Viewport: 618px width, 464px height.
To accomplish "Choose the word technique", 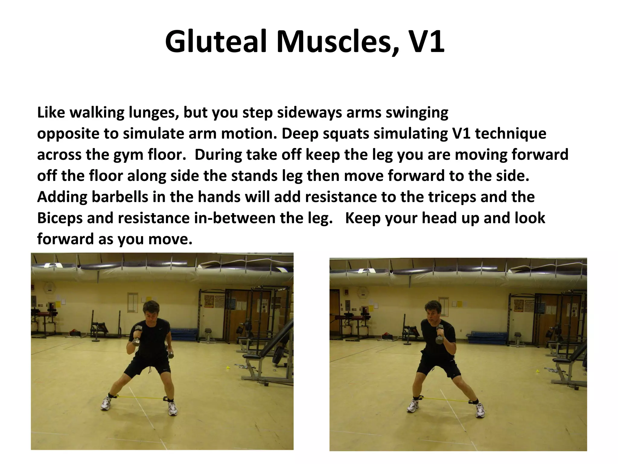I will (x=510, y=134).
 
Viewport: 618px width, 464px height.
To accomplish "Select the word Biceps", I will (x=60, y=218).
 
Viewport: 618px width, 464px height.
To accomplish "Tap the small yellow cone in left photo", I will (x=228, y=368).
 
